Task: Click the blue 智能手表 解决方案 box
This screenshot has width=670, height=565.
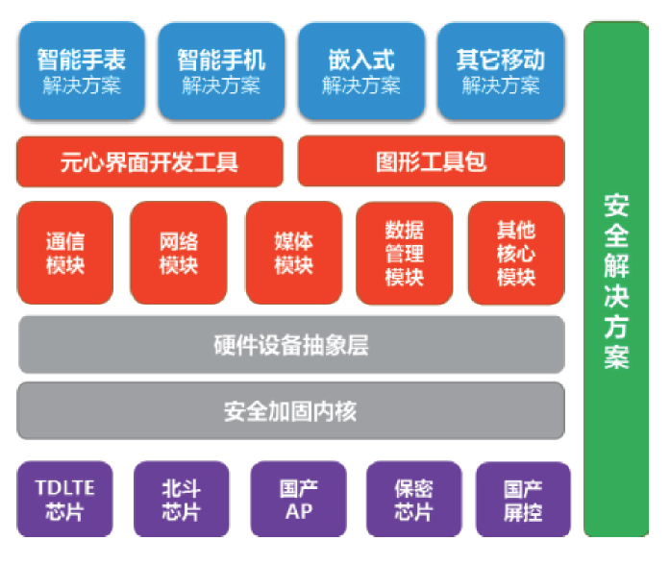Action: [82, 72]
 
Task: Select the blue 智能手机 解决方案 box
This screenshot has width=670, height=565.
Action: [220, 72]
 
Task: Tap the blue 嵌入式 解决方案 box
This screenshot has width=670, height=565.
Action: [360, 72]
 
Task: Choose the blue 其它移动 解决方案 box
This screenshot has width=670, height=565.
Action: [500, 72]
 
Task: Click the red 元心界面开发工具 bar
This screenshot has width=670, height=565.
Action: [150, 161]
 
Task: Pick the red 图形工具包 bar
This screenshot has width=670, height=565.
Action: [431, 161]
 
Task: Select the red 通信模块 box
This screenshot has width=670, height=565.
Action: [64, 253]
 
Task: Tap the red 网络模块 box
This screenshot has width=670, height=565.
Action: [178, 253]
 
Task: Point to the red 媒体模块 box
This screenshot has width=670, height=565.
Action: [293, 253]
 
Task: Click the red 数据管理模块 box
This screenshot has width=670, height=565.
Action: [404, 253]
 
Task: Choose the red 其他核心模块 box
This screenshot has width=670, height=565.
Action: [516, 253]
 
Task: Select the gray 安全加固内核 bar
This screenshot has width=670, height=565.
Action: [290, 411]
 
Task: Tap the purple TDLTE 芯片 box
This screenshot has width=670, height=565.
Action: [64, 499]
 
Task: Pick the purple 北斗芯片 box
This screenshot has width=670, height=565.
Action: [182, 499]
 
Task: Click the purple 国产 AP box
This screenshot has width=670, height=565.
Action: [298, 499]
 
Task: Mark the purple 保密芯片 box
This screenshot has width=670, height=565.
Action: [413, 499]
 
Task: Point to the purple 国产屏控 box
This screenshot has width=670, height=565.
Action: [523, 499]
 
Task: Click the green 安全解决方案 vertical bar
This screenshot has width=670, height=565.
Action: [616, 279]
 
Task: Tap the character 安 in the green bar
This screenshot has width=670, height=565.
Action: [616, 205]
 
